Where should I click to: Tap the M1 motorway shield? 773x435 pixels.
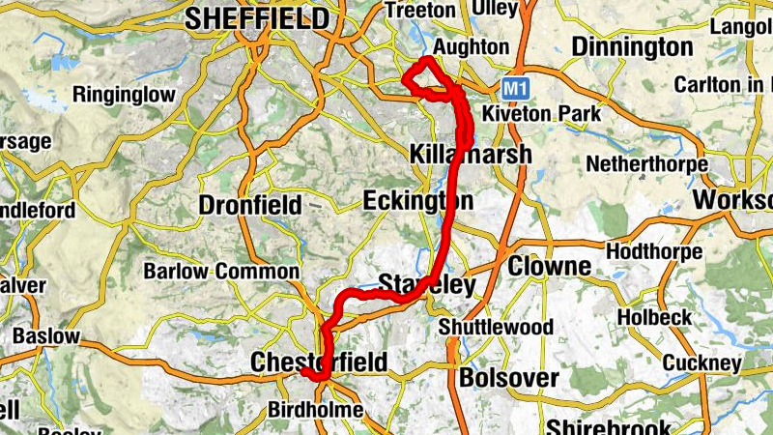[x=515, y=88]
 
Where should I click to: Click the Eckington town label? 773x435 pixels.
[x=418, y=201]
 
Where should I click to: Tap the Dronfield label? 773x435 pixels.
[x=249, y=205]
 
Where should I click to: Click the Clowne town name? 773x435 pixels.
[x=549, y=266]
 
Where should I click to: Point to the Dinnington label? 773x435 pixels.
[x=632, y=46]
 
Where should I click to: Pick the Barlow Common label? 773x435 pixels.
[x=221, y=272]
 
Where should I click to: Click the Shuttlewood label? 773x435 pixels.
[x=496, y=328]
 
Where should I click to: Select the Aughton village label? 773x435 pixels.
[x=471, y=47]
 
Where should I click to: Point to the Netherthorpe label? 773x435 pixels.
[x=647, y=164]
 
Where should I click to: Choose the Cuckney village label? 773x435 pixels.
[x=702, y=362]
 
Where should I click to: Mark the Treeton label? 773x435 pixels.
[x=419, y=10]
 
